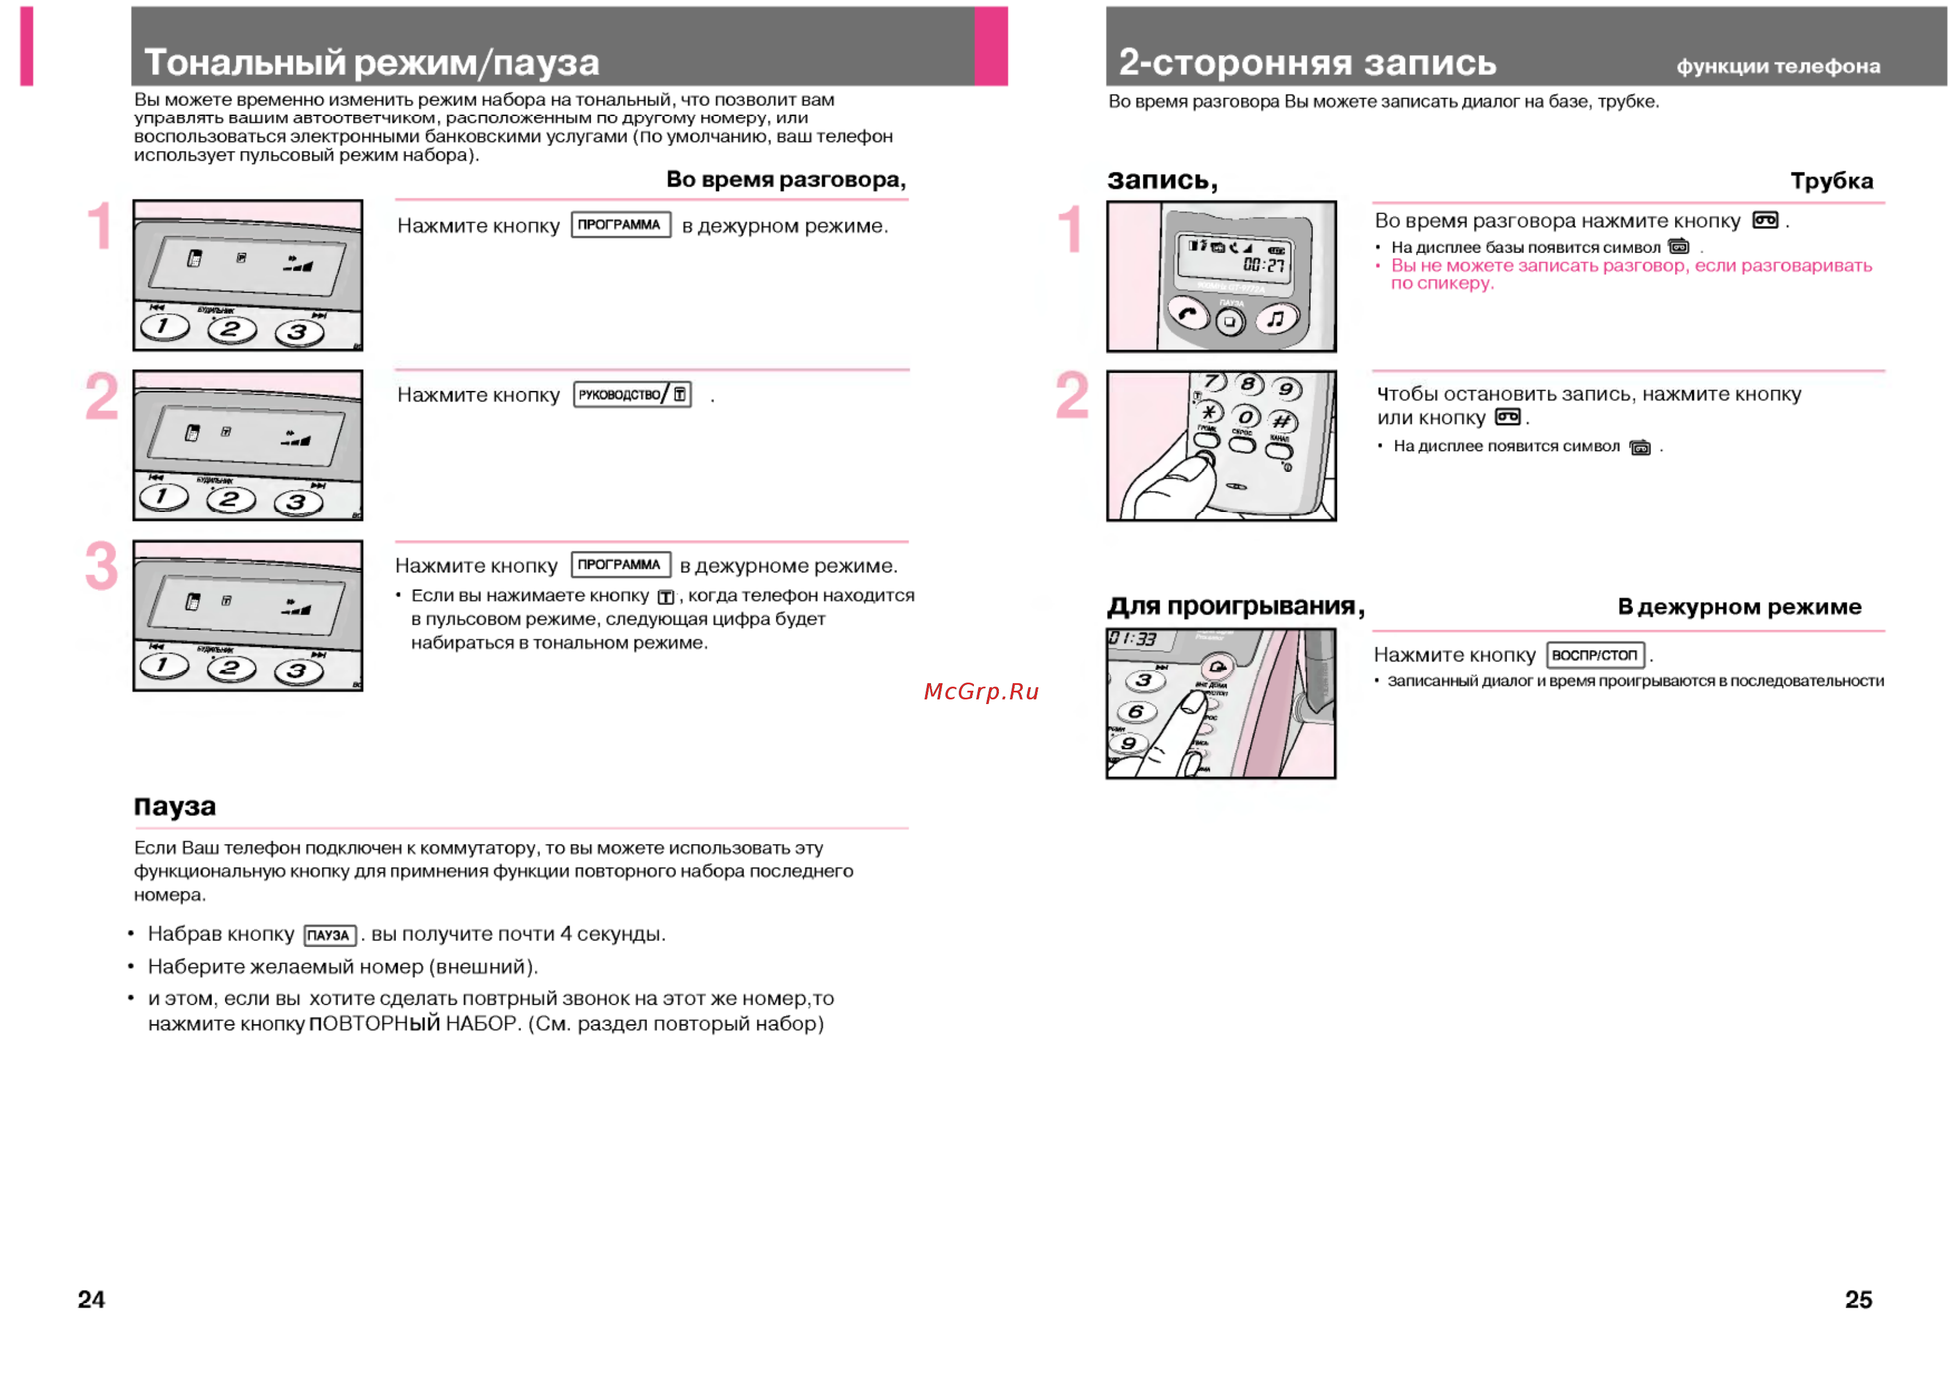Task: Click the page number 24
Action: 91,1300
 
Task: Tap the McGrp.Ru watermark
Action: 981,691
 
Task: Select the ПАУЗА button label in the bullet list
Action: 329,935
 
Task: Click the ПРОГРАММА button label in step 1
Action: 620,225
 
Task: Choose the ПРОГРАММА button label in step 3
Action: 620,565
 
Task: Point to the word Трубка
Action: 1832,181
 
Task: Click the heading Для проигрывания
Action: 1235,607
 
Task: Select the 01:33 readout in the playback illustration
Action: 1132,638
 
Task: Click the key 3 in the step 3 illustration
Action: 297,671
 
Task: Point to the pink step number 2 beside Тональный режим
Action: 102,396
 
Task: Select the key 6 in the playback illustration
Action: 1137,712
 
